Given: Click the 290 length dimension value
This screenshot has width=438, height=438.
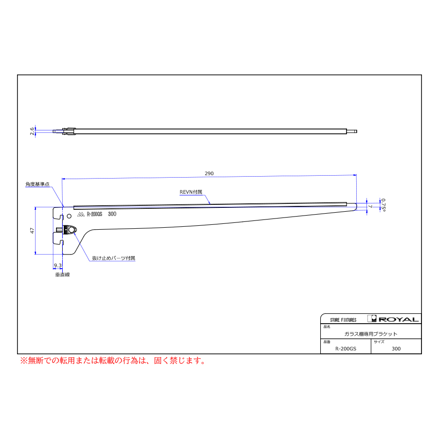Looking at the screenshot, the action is click(209, 173).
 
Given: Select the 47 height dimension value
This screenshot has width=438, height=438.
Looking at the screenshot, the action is click(32, 231).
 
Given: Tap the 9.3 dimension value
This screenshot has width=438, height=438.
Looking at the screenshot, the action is click(57, 265).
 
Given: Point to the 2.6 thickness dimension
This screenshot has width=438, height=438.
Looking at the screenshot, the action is click(32, 131).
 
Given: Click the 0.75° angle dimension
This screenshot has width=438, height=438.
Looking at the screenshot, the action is click(383, 205).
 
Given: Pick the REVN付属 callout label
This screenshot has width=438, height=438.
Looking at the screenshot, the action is click(191, 192).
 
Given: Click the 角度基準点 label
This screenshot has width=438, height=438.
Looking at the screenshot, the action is click(37, 184).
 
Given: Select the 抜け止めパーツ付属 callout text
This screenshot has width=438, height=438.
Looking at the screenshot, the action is click(114, 258).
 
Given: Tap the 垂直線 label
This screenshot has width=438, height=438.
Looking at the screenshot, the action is click(63, 274).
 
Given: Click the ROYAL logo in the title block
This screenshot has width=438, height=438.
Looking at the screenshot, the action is click(393, 319).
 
